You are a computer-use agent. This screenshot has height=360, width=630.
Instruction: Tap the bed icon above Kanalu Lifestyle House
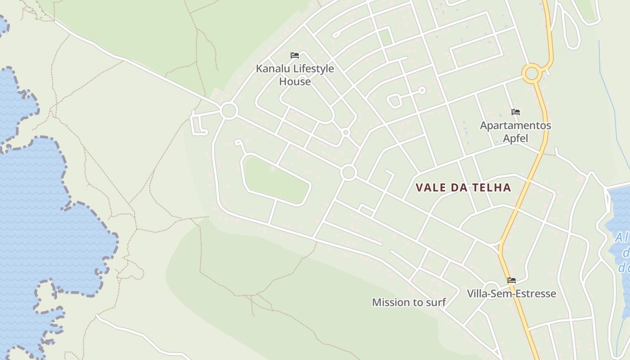[x=295, y=55]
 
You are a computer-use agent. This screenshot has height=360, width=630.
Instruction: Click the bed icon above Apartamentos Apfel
[x=515, y=112]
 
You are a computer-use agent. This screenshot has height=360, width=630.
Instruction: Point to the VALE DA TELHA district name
[x=463, y=188]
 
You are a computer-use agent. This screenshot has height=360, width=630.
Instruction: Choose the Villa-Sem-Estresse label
[x=511, y=293]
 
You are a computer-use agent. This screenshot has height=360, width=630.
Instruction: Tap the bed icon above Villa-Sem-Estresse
[x=511, y=280]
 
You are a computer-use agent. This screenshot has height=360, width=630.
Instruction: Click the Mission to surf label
[x=409, y=302]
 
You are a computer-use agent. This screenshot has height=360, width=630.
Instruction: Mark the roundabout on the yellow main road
[x=532, y=73]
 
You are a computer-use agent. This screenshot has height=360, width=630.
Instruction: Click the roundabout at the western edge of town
[x=229, y=110]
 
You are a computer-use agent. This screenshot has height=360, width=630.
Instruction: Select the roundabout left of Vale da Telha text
[x=349, y=172]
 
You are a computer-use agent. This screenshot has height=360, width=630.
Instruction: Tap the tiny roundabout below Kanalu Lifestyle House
[x=346, y=132]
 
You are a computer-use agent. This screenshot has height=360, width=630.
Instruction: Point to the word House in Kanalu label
[x=295, y=81]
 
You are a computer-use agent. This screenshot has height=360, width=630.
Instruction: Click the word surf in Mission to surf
[x=435, y=302]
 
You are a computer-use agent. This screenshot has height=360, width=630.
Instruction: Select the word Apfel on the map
[x=515, y=138]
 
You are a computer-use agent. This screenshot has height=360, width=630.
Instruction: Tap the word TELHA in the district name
[x=491, y=188]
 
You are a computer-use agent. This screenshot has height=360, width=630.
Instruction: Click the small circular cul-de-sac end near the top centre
[x=422, y=90]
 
